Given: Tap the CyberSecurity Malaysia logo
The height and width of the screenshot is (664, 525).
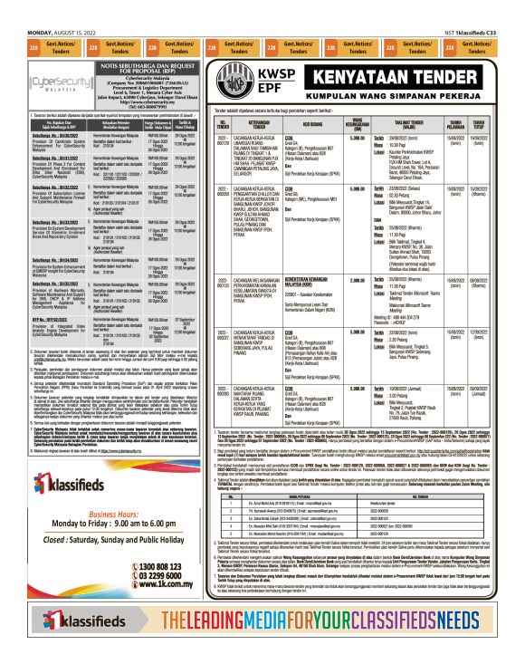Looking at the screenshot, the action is pyautogui.click(x=52, y=82).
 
